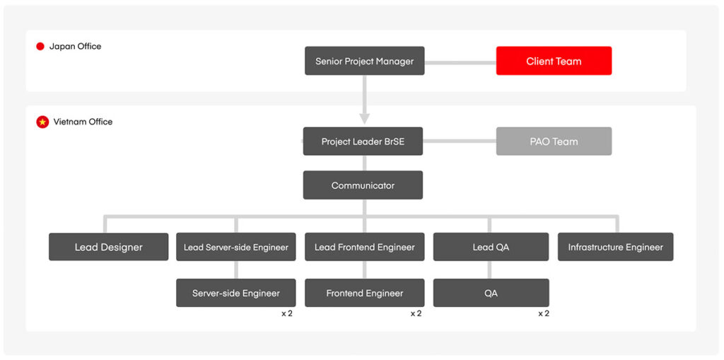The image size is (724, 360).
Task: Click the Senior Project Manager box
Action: click(x=364, y=61)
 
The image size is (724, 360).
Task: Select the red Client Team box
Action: click(x=554, y=61)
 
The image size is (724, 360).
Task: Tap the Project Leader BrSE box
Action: click(x=363, y=141)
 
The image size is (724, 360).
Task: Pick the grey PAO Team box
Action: click(x=554, y=141)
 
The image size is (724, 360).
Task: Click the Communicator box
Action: click(x=363, y=185)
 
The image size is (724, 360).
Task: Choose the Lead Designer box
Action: click(x=108, y=247)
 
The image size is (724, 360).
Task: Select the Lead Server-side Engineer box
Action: click(x=236, y=247)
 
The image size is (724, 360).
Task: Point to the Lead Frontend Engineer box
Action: click(x=364, y=247)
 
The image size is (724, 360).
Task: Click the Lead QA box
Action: click(x=491, y=247)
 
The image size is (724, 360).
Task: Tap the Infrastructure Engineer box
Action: click(x=616, y=247)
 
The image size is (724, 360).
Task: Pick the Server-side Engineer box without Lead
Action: click(x=236, y=293)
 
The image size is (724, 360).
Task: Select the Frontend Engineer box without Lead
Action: click(x=364, y=293)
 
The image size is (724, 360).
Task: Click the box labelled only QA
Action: click(x=491, y=293)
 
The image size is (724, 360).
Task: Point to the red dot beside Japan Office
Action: click(x=40, y=46)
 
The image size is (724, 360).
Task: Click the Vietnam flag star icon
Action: click(x=42, y=122)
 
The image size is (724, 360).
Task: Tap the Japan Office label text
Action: click(x=75, y=46)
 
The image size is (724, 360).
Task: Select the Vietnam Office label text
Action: click(x=83, y=122)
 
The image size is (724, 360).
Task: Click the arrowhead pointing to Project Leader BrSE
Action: click(x=364, y=119)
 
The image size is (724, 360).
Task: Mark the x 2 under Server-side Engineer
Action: click(x=287, y=314)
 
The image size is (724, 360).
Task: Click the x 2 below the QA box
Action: click(x=544, y=314)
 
